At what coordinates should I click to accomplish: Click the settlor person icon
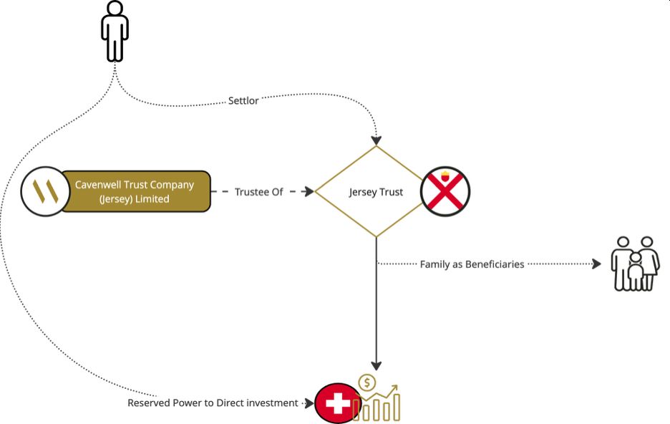(x=115, y=31)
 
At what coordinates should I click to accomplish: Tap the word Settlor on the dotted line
(x=243, y=101)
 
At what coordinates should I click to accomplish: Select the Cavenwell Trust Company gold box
(x=135, y=191)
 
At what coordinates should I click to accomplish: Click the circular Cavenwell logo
(x=45, y=191)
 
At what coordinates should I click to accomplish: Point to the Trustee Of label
(x=258, y=192)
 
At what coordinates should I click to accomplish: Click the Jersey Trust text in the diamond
(x=376, y=192)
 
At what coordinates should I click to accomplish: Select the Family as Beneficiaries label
(x=472, y=264)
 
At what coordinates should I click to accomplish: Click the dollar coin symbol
(x=367, y=383)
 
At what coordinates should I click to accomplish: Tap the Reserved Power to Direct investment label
(x=213, y=403)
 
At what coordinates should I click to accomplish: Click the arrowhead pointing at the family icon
(x=597, y=264)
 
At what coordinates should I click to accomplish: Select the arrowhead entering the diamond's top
(x=377, y=140)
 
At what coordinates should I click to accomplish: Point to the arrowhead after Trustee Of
(x=309, y=192)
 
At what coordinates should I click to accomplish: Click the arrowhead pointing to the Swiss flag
(x=310, y=403)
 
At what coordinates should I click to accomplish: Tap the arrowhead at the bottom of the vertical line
(x=377, y=365)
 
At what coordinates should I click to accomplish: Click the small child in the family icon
(x=635, y=271)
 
